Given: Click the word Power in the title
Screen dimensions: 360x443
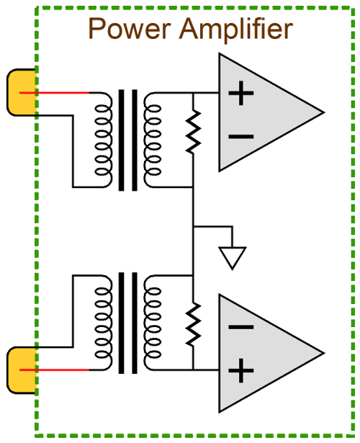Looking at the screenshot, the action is (x=130, y=28).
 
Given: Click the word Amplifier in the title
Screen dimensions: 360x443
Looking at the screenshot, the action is (x=236, y=30).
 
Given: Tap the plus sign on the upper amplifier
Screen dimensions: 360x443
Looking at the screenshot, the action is (x=241, y=93).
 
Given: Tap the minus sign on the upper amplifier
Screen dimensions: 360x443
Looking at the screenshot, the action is (x=241, y=137).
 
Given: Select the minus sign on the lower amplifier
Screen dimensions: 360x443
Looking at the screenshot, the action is (x=241, y=327).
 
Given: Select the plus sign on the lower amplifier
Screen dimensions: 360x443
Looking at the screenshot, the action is (x=241, y=371).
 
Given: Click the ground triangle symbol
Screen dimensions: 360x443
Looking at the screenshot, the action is (x=233, y=258).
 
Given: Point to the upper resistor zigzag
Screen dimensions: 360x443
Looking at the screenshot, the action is (x=193, y=133).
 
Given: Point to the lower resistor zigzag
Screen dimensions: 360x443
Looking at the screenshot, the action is (x=193, y=324).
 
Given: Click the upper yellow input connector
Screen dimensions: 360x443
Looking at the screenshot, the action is (x=22, y=92).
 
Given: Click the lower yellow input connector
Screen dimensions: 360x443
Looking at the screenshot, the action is (x=22, y=370).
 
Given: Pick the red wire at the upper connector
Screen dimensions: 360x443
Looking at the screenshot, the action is (x=54, y=93).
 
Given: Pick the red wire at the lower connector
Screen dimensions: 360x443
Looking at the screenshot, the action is (x=54, y=370).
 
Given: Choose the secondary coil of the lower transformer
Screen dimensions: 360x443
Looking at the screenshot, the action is (x=153, y=323).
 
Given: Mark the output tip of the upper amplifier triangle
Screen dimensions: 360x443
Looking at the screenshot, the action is (x=323, y=112).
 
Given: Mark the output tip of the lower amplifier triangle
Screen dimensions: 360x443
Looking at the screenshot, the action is (x=323, y=353).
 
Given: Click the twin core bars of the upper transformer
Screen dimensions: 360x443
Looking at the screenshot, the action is (x=128, y=140).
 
